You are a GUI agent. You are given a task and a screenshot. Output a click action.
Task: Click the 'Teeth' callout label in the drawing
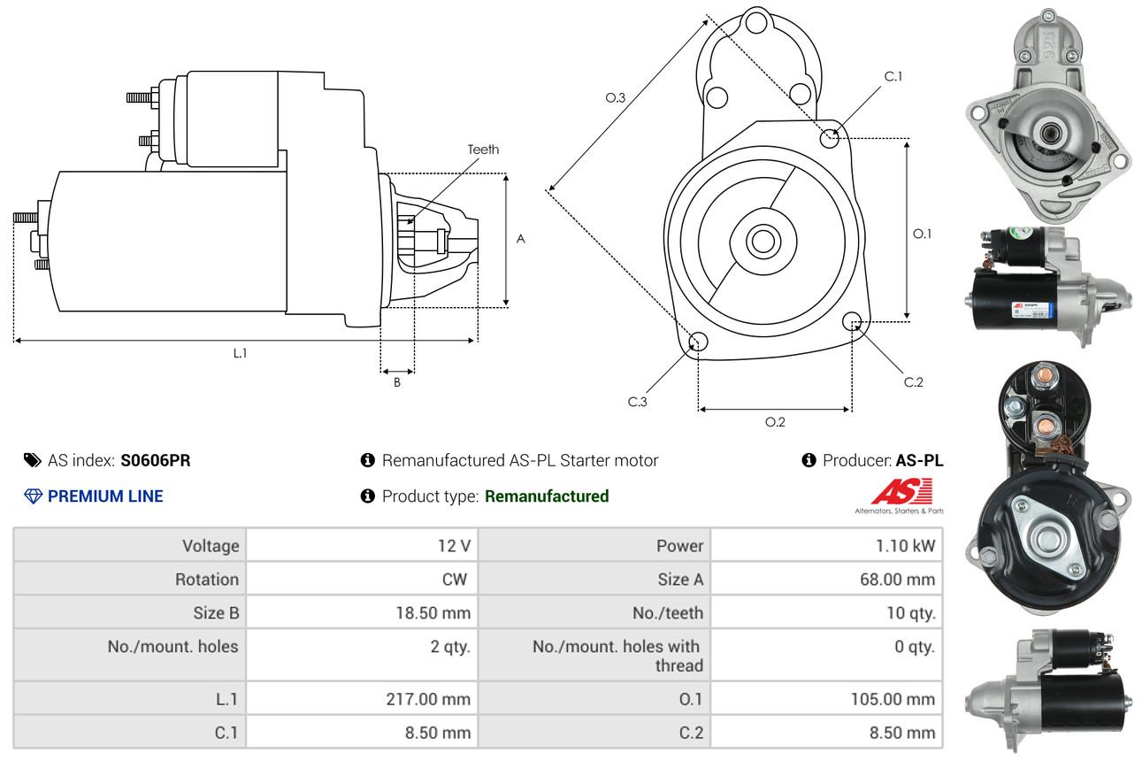point(483,150)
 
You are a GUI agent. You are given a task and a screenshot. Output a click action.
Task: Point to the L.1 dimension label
point(240,353)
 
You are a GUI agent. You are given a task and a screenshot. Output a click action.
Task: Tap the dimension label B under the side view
point(397,383)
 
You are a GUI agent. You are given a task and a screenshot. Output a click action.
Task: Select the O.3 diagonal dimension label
point(616,98)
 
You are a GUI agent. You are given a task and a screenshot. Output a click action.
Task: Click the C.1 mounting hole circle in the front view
point(830,138)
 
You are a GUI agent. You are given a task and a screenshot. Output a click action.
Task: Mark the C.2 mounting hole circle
point(852,320)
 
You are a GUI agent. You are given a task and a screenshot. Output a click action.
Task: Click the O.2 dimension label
point(775,422)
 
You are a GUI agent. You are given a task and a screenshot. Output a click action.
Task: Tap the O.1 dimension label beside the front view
point(922,234)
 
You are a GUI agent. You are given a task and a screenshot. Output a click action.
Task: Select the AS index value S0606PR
point(156,460)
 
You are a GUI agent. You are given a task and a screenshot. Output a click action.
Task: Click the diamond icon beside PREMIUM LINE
point(33,496)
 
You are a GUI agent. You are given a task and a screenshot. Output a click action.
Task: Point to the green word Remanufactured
point(547,496)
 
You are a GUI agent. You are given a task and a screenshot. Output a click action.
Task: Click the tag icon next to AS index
point(33,460)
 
